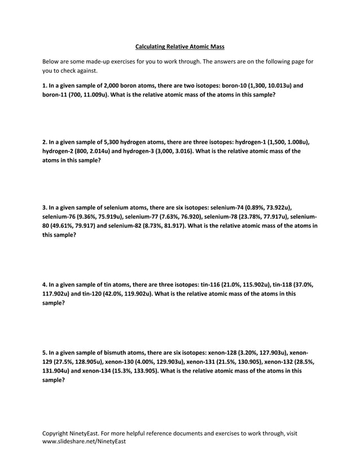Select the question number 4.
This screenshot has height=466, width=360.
pos(45,284)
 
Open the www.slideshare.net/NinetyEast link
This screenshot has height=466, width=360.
pos(85,442)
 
